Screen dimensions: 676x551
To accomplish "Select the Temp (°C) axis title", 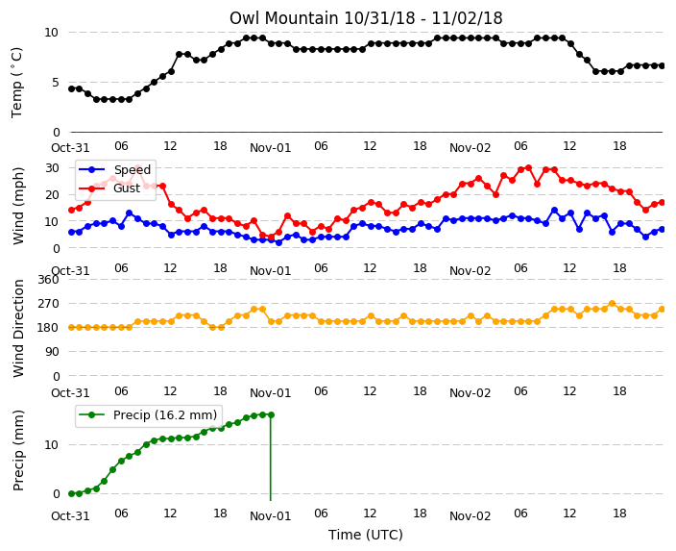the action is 16,83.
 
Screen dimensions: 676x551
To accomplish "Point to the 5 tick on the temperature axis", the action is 55,82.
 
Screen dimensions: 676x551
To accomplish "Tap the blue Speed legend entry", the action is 114,169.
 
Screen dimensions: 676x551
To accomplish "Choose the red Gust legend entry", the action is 109,188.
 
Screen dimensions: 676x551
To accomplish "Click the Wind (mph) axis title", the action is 18,206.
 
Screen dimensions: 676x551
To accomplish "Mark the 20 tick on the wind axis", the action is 52,195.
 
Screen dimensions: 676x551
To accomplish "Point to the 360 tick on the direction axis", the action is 48,280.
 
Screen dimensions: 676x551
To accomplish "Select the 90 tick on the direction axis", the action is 52,352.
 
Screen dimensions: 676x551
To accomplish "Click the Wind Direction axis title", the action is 18,328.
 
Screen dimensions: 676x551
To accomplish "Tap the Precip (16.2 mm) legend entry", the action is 148,415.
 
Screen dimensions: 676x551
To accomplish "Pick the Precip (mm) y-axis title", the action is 18,450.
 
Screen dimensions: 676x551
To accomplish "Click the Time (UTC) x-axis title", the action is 366,535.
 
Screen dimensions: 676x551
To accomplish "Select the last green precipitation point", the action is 271,415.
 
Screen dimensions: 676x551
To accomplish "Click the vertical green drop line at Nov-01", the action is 271,458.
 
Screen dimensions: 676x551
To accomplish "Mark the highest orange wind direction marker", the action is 612,304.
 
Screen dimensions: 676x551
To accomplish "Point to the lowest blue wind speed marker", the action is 278,242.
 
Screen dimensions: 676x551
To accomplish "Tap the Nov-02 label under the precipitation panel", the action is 470,516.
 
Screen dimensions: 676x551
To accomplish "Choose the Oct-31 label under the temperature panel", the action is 70,148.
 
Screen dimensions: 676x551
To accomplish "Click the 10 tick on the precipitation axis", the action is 52,445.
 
